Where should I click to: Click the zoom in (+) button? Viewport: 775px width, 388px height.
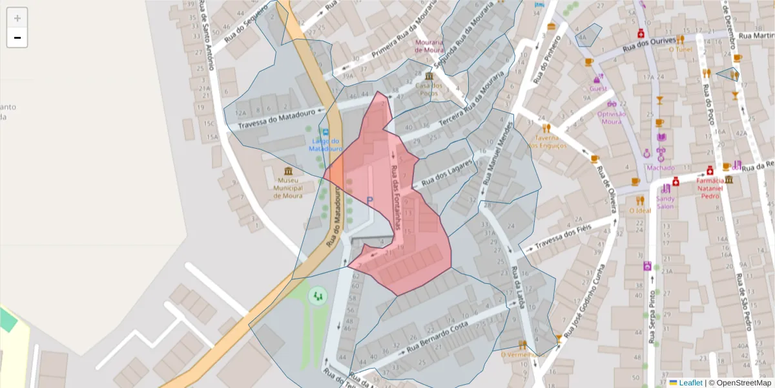pos(17,18)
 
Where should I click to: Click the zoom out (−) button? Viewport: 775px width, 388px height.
pos(17,38)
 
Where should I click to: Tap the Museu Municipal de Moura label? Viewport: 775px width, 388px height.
pos(288,188)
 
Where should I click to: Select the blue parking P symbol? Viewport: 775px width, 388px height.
pos(369,201)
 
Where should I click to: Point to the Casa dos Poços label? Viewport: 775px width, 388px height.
pos(429,89)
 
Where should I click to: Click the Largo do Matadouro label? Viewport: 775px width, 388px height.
pos(325,145)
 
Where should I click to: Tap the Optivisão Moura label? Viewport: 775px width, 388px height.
pos(612,117)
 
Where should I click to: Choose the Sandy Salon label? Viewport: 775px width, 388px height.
pos(666,202)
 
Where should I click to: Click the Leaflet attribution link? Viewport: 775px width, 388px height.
pos(690,383)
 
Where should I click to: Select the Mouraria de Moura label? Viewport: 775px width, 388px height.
pos(429,46)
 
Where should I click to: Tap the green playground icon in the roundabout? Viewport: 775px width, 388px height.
pos(317,296)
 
